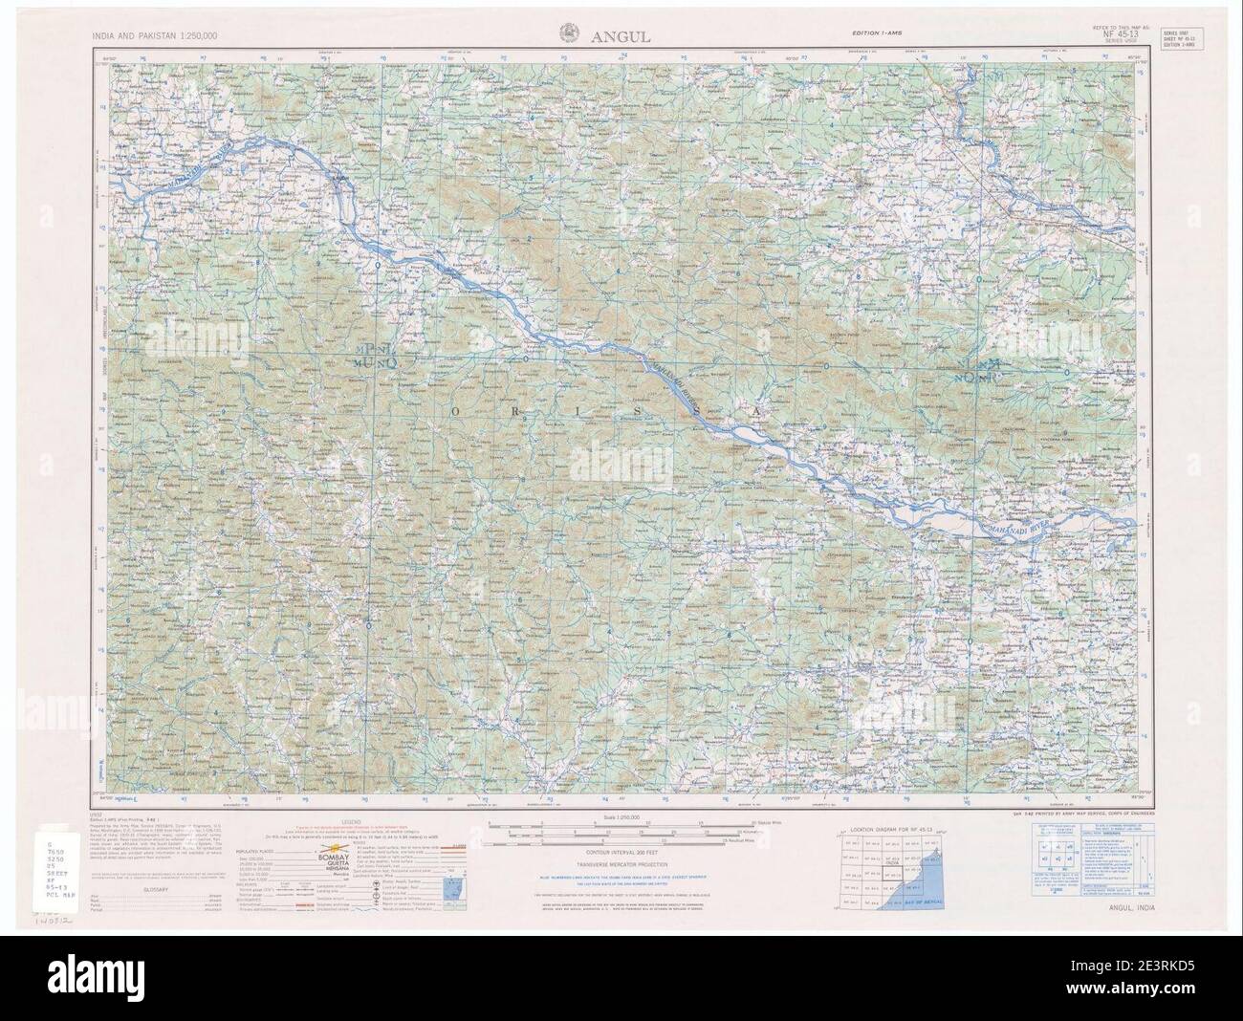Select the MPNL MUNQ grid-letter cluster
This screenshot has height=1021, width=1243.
tap(373, 355)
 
